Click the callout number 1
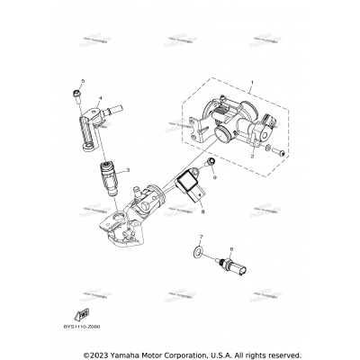(x=253, y=83)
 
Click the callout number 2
(x=255, y=156)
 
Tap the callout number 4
(x=100, y=96)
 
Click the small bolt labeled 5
(x=80, y=94)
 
